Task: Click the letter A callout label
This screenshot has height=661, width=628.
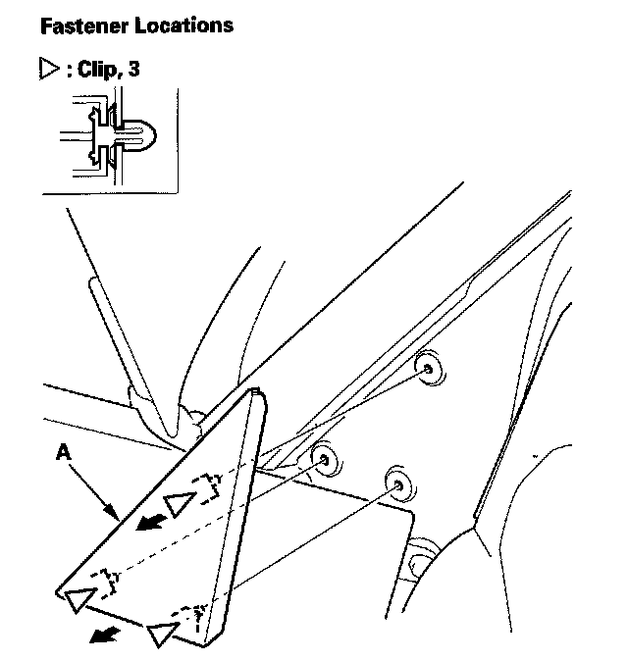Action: (64, 453)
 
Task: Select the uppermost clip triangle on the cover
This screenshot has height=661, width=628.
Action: (179, 503)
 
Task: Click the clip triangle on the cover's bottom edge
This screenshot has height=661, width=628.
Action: (161, 635)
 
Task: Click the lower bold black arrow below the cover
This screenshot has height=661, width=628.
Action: (100, 637)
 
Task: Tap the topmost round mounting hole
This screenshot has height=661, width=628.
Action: (429, 367)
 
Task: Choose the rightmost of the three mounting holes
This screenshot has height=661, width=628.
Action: (397, 483)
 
